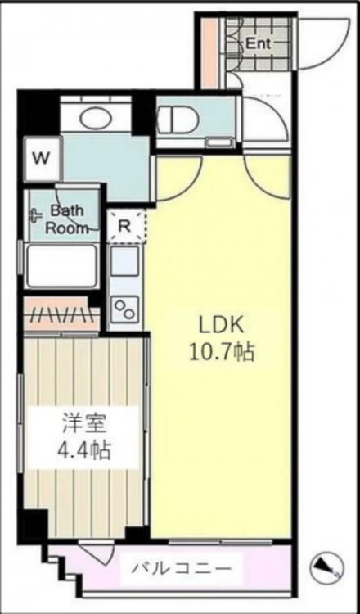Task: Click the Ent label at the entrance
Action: (258, 44)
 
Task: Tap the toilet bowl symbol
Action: (176, 117)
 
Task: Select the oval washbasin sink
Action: (96, 116)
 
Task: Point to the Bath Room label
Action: (65, 219)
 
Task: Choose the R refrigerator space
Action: (124, 226)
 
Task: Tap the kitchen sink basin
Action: (124, 260)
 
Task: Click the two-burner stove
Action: (125, 309)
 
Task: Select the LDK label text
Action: (222, 325)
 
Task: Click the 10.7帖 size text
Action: (222, 353)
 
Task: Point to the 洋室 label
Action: (83, 424)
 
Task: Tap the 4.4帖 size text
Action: (83, 451)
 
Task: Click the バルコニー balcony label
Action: (181, 567)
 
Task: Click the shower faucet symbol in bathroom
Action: (36, 215)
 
